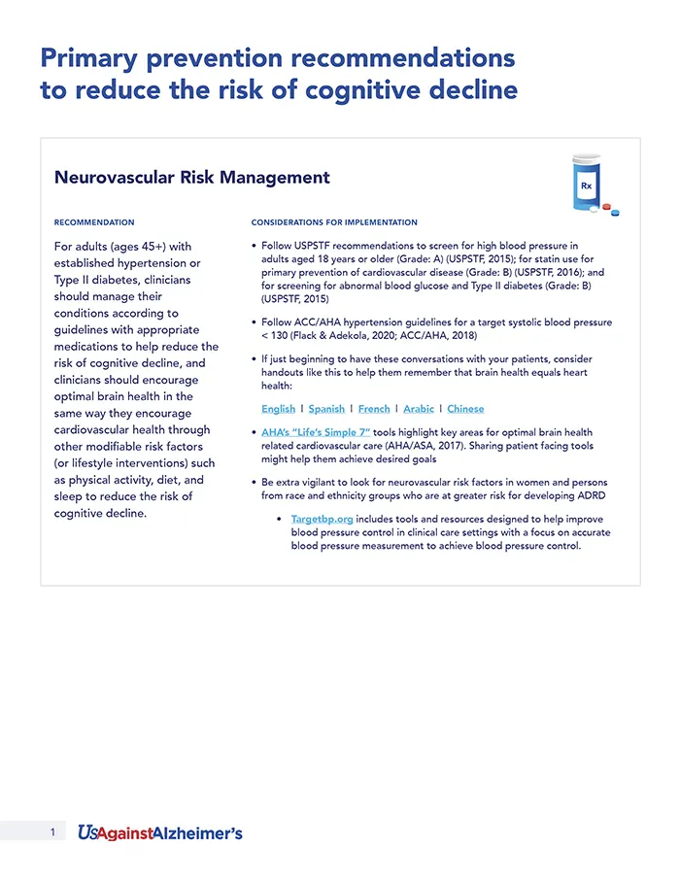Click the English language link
[278, 409]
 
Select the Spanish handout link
[326, 409]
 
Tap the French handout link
[374, 409]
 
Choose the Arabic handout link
[419, 409]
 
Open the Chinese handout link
[465, 409]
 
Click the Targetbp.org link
[321, 519]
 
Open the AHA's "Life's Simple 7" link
[316, 431]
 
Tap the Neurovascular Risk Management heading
[192, 178]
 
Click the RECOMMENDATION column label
[94, 222]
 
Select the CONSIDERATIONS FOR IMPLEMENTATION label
[334, 222]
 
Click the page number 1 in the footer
[52, 832]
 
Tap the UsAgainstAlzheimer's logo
[160, 832]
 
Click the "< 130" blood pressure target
[278, 335]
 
